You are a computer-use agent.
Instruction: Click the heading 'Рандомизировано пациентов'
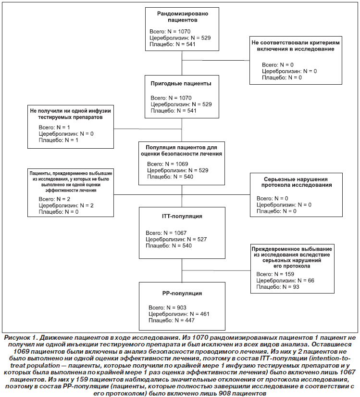182,17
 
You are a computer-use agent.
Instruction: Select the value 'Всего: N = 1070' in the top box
170,31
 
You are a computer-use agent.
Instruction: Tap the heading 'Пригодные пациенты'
181,84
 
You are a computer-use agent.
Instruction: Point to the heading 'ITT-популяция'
182,216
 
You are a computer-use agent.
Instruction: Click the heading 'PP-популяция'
182,293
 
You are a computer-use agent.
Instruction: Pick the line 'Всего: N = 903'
167,307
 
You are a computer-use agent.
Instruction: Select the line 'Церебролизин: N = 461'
179,314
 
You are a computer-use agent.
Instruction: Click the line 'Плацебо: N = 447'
172,320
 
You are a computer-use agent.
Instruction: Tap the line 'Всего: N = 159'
275,274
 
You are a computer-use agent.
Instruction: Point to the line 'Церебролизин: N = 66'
285,280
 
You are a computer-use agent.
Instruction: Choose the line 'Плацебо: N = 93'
278,287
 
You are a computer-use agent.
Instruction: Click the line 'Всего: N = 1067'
166,233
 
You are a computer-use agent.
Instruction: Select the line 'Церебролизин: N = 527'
176,239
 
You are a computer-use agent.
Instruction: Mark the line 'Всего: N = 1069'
168,164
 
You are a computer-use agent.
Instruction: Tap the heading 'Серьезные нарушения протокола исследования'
296,182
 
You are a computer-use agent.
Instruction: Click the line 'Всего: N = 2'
54,199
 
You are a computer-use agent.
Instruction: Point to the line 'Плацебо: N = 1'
59,140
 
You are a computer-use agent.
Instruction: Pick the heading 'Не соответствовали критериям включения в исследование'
296,46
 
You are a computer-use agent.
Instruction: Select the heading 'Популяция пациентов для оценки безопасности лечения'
182,151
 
